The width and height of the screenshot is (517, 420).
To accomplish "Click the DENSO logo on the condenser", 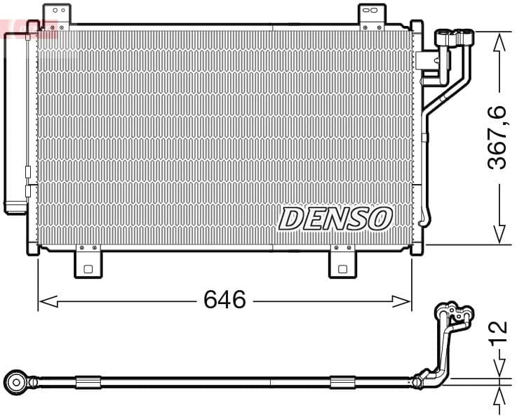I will (335, 218).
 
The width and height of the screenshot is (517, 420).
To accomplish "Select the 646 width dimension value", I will (224, 300).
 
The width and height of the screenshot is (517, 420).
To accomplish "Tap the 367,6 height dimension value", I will (497, 136).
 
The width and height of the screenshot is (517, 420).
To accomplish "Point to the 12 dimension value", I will (497, 332).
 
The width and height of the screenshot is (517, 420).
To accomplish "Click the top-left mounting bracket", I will (57, 16).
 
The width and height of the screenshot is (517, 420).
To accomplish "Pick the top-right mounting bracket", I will (372, 17).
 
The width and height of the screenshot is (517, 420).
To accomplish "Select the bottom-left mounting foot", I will (88, 263).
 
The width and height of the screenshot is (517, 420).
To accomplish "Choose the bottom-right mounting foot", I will (343, 263).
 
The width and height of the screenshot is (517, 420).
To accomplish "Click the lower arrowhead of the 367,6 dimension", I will (499, 234).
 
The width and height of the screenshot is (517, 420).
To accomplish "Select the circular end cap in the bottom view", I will (15, 382).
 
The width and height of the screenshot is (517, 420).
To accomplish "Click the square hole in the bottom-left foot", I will (88, 268).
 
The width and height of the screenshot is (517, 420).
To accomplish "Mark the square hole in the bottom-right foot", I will (343, 268).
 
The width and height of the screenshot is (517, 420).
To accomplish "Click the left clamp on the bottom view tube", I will (88, 382).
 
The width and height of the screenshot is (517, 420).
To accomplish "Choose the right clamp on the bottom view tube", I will (342, 382).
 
